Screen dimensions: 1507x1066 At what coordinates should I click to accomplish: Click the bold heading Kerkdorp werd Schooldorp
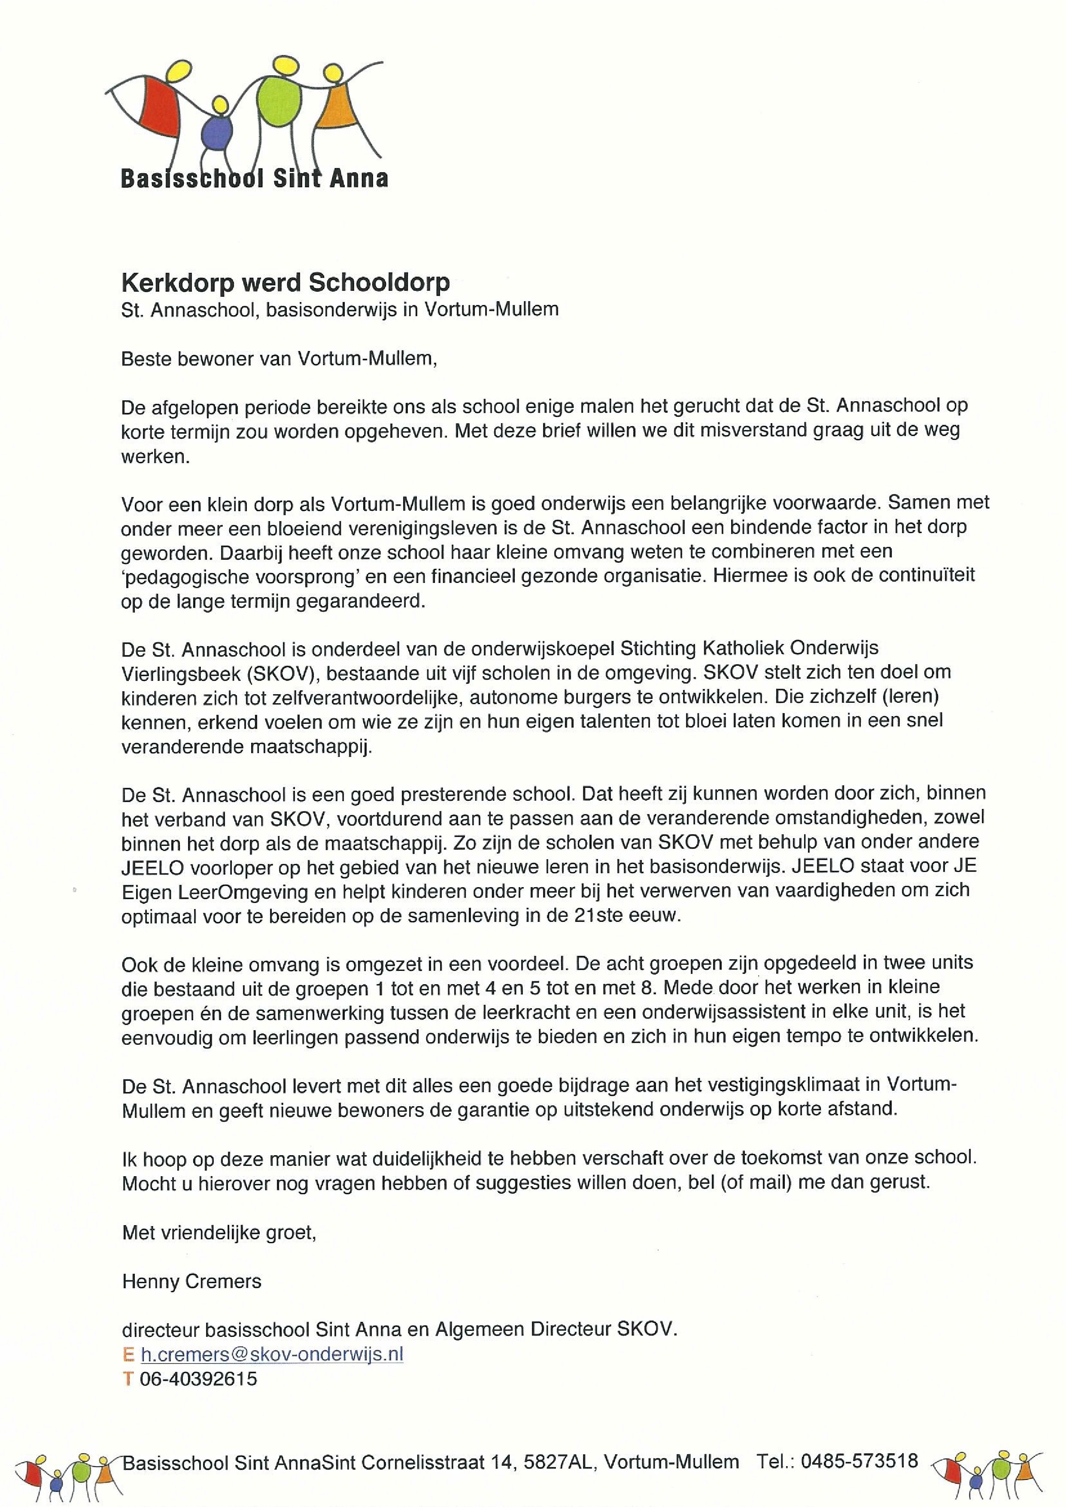(285, 282)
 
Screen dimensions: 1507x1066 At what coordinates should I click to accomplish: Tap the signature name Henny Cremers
(191, 1281)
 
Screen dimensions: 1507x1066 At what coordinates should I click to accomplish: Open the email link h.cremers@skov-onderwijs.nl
(272, 1354)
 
